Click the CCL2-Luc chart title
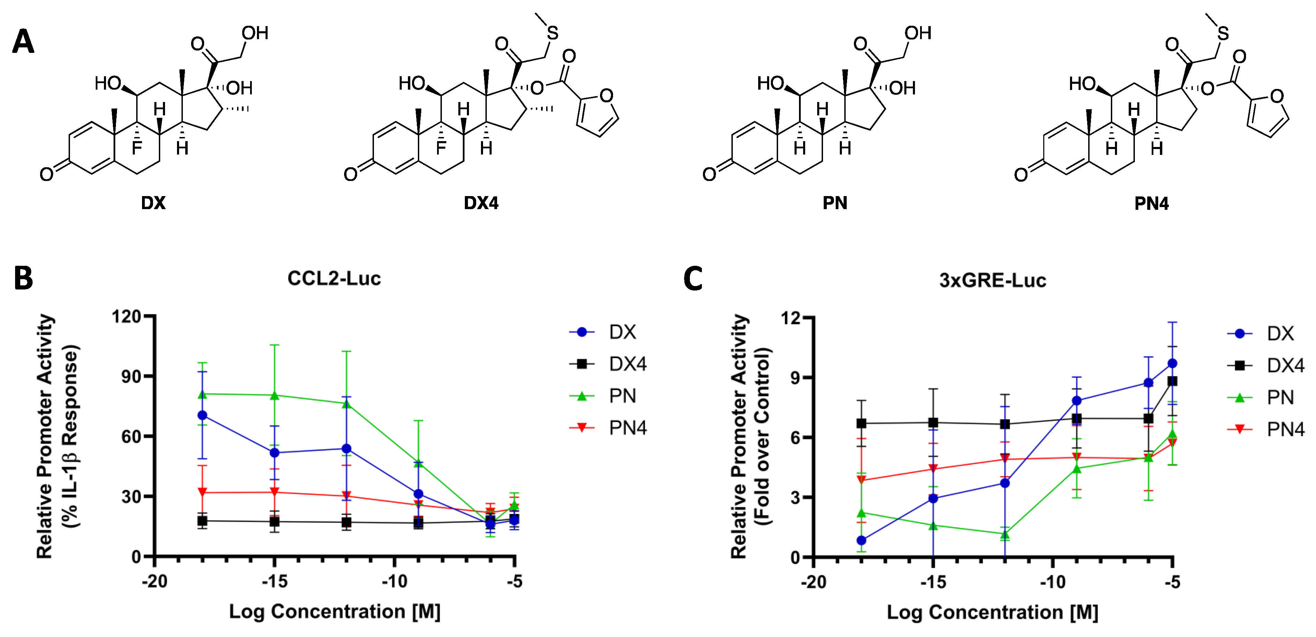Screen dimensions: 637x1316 coord(334,278)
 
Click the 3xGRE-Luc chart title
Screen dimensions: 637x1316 coord(992,280)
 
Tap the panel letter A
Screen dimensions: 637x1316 coord(23,42)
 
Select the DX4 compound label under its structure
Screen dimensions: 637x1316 coord(481,203)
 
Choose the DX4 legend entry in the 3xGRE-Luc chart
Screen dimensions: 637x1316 coord(1285,365)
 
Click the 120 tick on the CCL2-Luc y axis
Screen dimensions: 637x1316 coord(126,317)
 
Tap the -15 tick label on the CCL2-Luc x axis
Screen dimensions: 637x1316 coord(274,581)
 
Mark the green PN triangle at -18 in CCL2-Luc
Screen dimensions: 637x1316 coord(202,394)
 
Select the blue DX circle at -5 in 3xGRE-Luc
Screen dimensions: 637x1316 coord(1173,363)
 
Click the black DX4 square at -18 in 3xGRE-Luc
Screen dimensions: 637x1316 coord(861,423)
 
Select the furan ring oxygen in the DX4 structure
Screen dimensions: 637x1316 coord(607,95)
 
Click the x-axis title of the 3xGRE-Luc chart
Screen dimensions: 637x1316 coord(992,612)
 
